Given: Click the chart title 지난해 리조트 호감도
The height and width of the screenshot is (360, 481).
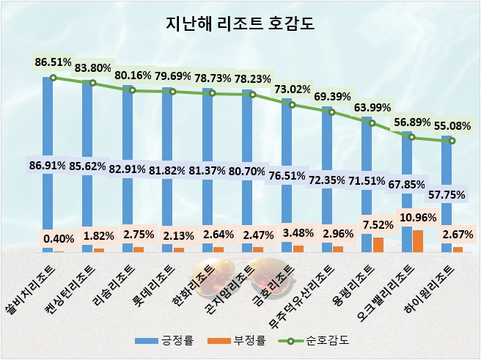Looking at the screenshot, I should click(240, 24).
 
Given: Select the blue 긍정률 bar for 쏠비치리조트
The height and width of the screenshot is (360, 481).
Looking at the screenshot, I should click(48, 117).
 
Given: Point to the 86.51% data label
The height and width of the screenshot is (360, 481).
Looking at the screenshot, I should click(54, 62).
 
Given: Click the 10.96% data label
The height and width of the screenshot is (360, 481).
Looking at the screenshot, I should click(419, 218).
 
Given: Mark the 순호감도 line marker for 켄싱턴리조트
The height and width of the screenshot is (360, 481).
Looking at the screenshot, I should click(93, 83).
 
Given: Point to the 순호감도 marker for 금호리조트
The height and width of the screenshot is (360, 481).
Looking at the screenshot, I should click(293, 105).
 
